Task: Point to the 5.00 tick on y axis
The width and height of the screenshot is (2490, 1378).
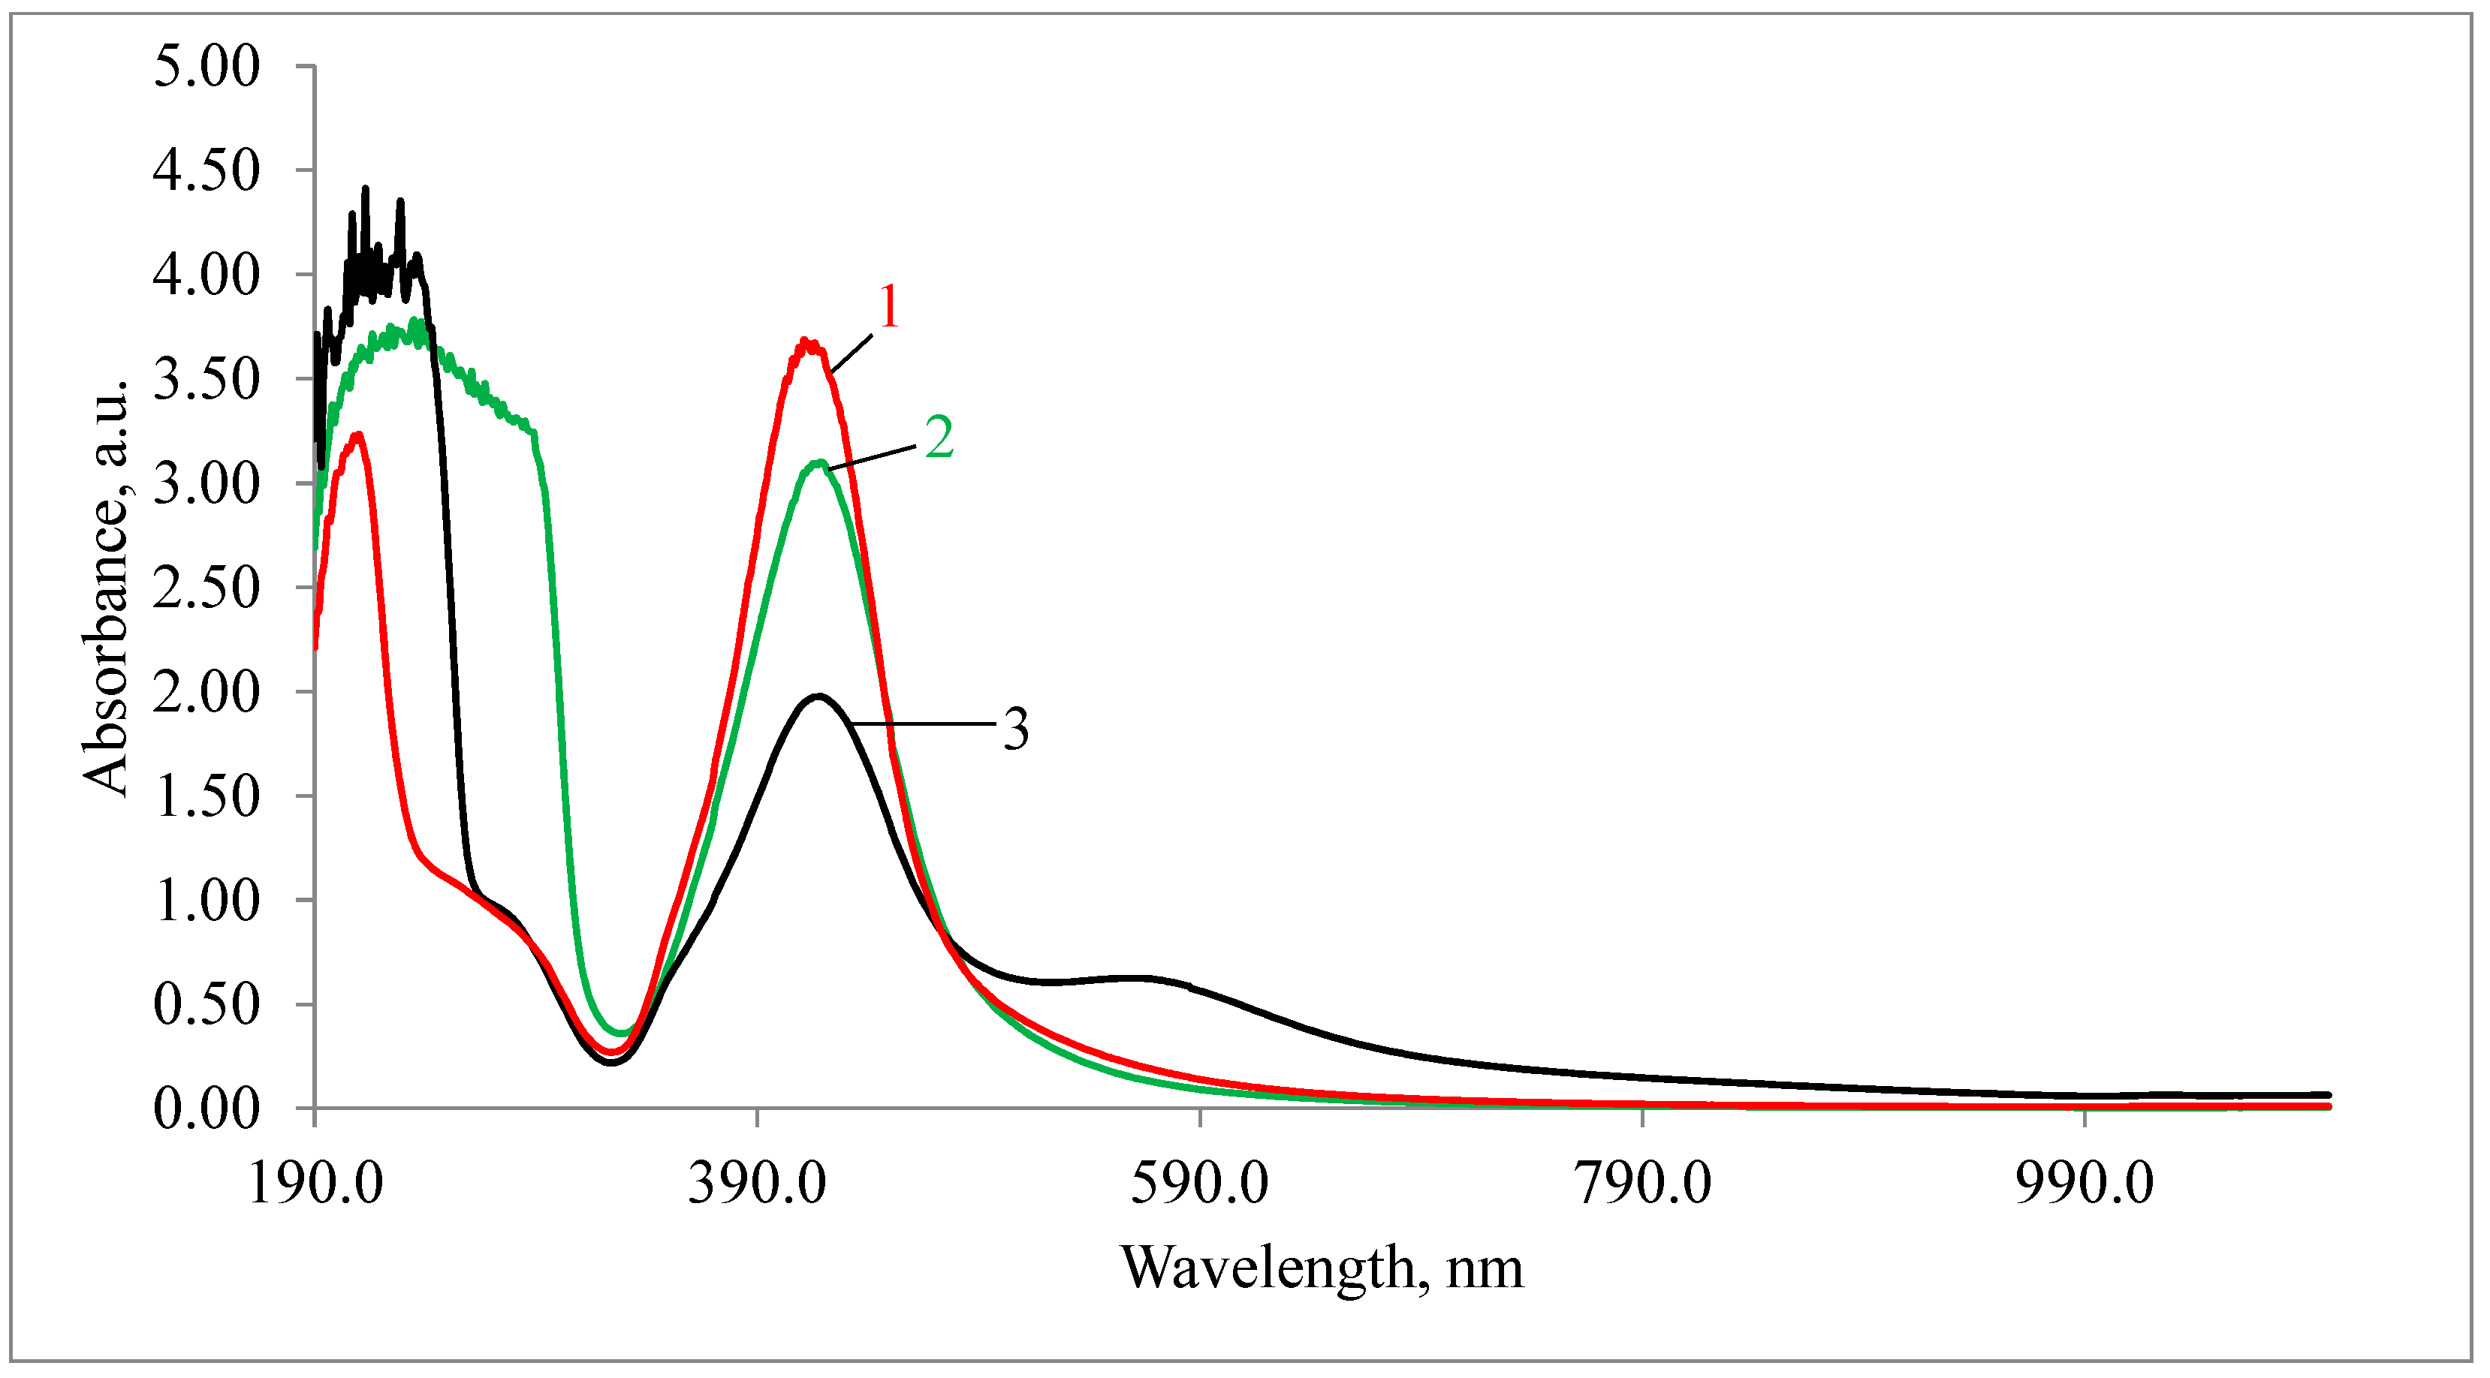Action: [x=206, y=67]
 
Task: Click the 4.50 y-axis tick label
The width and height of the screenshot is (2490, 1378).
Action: [x=206, y=171]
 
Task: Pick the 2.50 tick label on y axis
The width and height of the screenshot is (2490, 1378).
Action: [x=206, y=588]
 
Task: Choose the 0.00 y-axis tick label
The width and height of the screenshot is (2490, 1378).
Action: [x=206, y=1109]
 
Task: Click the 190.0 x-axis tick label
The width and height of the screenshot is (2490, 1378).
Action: [x=315, y=1183]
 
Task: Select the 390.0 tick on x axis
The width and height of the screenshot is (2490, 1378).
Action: [x=757, y=1183]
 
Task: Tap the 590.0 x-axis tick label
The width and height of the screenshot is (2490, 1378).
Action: [x=1198, y=1183]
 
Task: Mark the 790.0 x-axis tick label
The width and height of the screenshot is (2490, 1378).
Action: [x=1642, y=1183]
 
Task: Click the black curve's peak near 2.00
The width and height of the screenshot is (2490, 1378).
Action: [x=818, y=696]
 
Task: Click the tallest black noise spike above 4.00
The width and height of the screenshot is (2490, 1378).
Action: [x=366, y=189]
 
